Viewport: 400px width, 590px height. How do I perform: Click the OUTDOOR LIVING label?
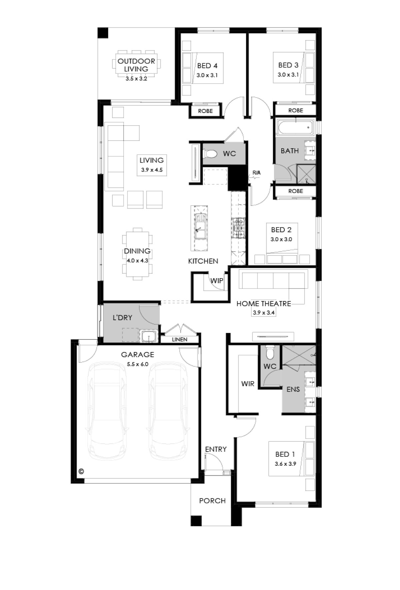[x=136, y=65]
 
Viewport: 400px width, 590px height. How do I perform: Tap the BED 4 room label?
[x=207, y=66]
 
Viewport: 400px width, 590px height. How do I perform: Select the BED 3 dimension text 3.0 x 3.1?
[x=288, y=75]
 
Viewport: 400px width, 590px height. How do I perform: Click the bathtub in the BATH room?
[x=295, y=128]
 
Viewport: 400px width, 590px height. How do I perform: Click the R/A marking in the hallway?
[x=256, y=173]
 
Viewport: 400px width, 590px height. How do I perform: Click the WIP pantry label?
[x=217, y=281]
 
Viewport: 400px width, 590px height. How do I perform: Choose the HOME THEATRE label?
[x=264, y=303]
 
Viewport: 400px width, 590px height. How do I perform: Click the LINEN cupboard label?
[x=180, y=339]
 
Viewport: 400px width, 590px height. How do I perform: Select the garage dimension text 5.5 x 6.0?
[x=137, y=364]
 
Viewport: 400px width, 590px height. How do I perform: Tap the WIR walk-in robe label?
[x=248, y=384]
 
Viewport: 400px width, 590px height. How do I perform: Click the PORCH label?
[x=212, y=501]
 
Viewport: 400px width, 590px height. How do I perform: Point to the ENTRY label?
[x=216, y=449]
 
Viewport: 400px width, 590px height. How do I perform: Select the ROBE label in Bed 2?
[x=296, y=191]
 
